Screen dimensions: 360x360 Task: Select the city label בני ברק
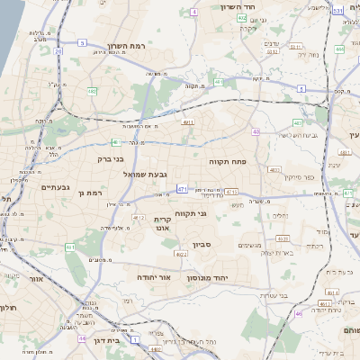(106, 158)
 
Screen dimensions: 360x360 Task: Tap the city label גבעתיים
(56, 187)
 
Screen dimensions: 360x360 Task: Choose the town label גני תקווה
(193, 213)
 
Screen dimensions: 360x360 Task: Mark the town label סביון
(202, 245)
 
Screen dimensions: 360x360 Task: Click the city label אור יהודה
(154, 277)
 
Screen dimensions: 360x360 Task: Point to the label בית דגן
(107, 342)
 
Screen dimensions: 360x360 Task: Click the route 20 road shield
(59, 51)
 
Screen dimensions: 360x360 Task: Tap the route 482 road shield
(92, 91)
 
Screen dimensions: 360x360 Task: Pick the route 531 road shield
(337, 12)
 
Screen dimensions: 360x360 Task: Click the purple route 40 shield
(256, 131)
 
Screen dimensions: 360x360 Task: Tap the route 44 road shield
(82, 339)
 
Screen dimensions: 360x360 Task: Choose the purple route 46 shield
(298, 314)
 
